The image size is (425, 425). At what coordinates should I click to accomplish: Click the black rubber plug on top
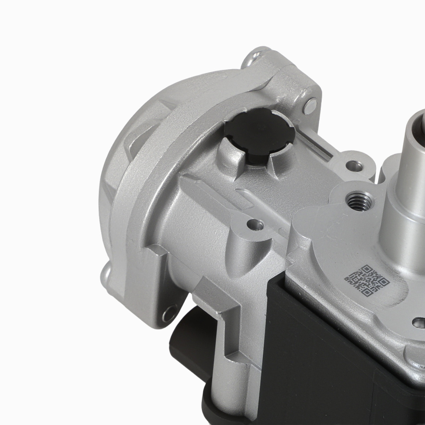(259, 134)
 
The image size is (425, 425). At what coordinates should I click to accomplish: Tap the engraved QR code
(366, 280)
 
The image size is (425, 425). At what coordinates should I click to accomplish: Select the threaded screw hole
(359, 200)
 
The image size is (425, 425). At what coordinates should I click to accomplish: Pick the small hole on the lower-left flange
(170, 314)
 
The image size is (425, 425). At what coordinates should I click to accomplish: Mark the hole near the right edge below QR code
(418, 323)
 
